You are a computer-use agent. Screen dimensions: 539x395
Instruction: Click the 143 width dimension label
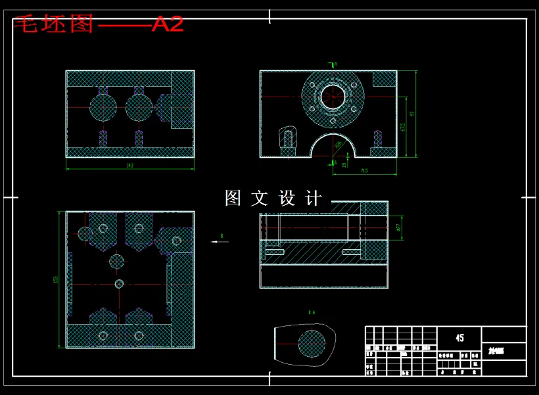click(129, 166)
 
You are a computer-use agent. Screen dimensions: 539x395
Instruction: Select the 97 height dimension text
click(412, 114)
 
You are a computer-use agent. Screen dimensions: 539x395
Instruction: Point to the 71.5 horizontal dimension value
click(363, 171)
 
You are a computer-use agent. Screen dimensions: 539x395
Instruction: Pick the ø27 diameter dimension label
click(398, 227)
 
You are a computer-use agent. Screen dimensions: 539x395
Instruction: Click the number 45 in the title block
click(459, 338)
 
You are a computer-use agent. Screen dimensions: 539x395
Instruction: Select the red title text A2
click(168, 24)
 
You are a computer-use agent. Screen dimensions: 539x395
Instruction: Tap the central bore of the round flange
click(333, 97)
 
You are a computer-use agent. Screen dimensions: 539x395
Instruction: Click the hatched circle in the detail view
click(312, 344)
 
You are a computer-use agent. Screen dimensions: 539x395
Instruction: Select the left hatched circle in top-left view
click(103, 107)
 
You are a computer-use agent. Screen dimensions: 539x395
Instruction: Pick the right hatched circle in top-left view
click(139, 107)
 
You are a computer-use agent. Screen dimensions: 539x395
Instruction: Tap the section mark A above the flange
click(334, 64)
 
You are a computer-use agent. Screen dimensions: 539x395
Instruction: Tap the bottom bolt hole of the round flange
click(333, 121)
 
